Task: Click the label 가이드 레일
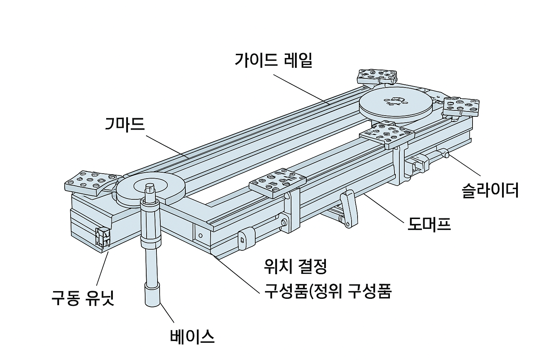[x=273, y=60]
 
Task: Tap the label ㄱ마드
[x=125, y=124]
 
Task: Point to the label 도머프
[x=429, y=224]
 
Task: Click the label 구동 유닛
[x=83, y=298]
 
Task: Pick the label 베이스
[x=192, y=336]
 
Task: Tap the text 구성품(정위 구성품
[x=328, y=291]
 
